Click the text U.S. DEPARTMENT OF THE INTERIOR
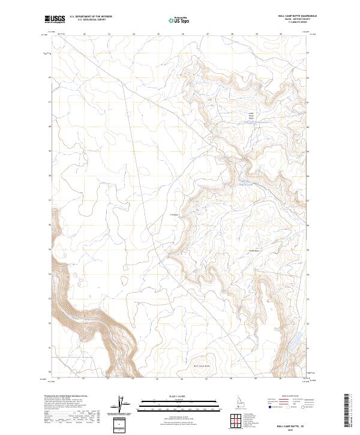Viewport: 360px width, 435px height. click(x=91, y=17)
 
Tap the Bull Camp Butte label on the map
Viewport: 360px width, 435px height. click(x=203, y=365)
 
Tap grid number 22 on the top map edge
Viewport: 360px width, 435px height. click(x=84, y=35)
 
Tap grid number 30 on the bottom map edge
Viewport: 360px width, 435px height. click(x=281, y=379)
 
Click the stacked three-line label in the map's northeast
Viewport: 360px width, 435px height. click(x=251, y=115)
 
